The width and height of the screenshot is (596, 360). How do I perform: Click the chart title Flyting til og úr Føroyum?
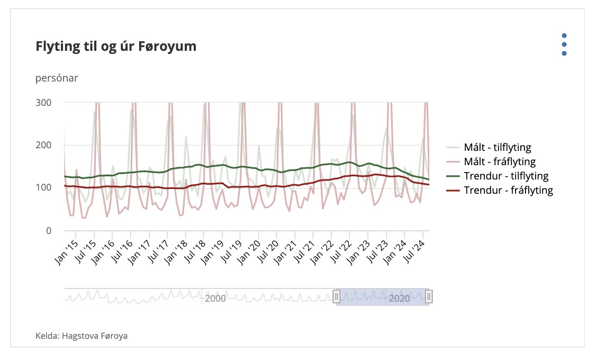coord(116,47)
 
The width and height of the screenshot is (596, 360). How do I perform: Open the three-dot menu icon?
coord(564,44)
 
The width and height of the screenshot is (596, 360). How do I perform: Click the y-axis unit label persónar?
coord(57,78)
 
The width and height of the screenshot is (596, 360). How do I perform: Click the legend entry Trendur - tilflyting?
coord(505,176)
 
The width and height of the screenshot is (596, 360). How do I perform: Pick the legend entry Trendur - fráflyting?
coord(508,190)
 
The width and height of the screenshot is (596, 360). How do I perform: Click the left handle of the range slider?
coord(336,296)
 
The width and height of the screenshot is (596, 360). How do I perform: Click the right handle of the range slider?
coord(429,296)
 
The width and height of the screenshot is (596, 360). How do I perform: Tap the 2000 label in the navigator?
coord(215,299)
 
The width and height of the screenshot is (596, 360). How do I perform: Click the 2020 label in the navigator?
coord(399,299)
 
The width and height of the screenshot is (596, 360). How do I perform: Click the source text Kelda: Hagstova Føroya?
coord(82,336)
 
